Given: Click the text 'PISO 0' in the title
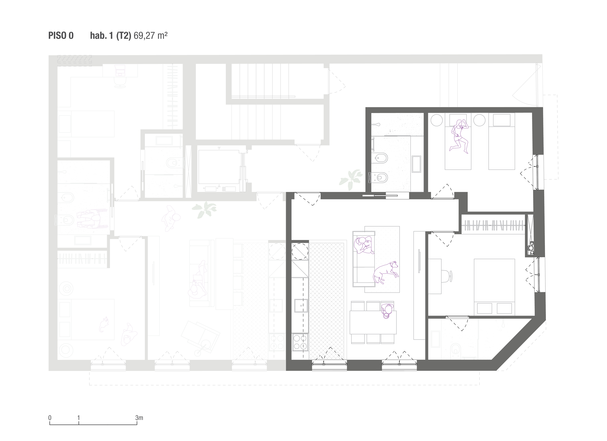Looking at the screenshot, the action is point(61,36).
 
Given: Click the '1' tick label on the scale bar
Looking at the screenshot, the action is point(79,418).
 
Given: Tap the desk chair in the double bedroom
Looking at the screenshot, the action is point(446,276).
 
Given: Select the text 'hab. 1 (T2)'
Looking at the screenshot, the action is point(111,36).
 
